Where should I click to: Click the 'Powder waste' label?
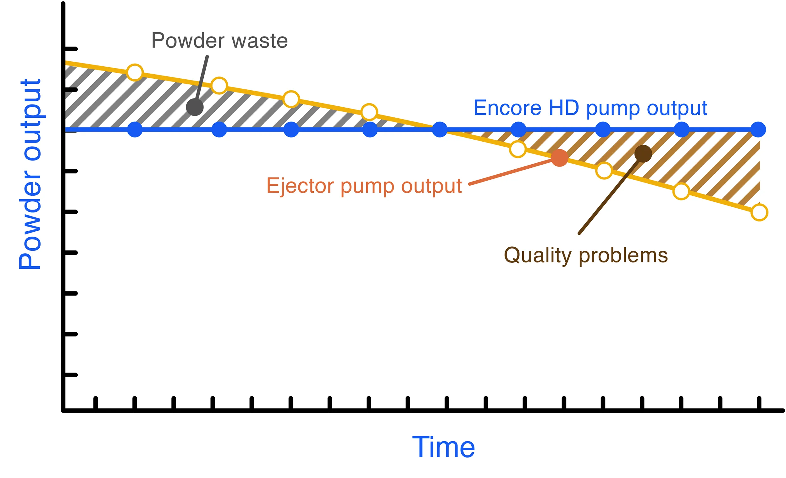click(219, 41)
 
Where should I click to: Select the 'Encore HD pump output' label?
click(590, 109)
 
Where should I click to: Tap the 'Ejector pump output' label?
click(364, 186)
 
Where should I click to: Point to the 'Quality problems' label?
click(586, 256)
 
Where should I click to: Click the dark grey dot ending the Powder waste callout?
click(195, 107)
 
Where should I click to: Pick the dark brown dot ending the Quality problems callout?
click(643, 154)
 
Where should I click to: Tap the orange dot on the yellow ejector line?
click(560, 158)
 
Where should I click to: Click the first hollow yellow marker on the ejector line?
click(135, 72)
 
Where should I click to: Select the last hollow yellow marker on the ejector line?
click(759, 212)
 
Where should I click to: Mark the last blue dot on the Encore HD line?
click(758, 130)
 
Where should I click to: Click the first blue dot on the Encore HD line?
click(135, 130)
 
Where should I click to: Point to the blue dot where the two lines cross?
click(440, 130)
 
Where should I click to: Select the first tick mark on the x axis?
click(95, 403)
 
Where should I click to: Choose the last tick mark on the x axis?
click(759, 403)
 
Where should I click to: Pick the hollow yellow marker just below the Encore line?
click(518, 149)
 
